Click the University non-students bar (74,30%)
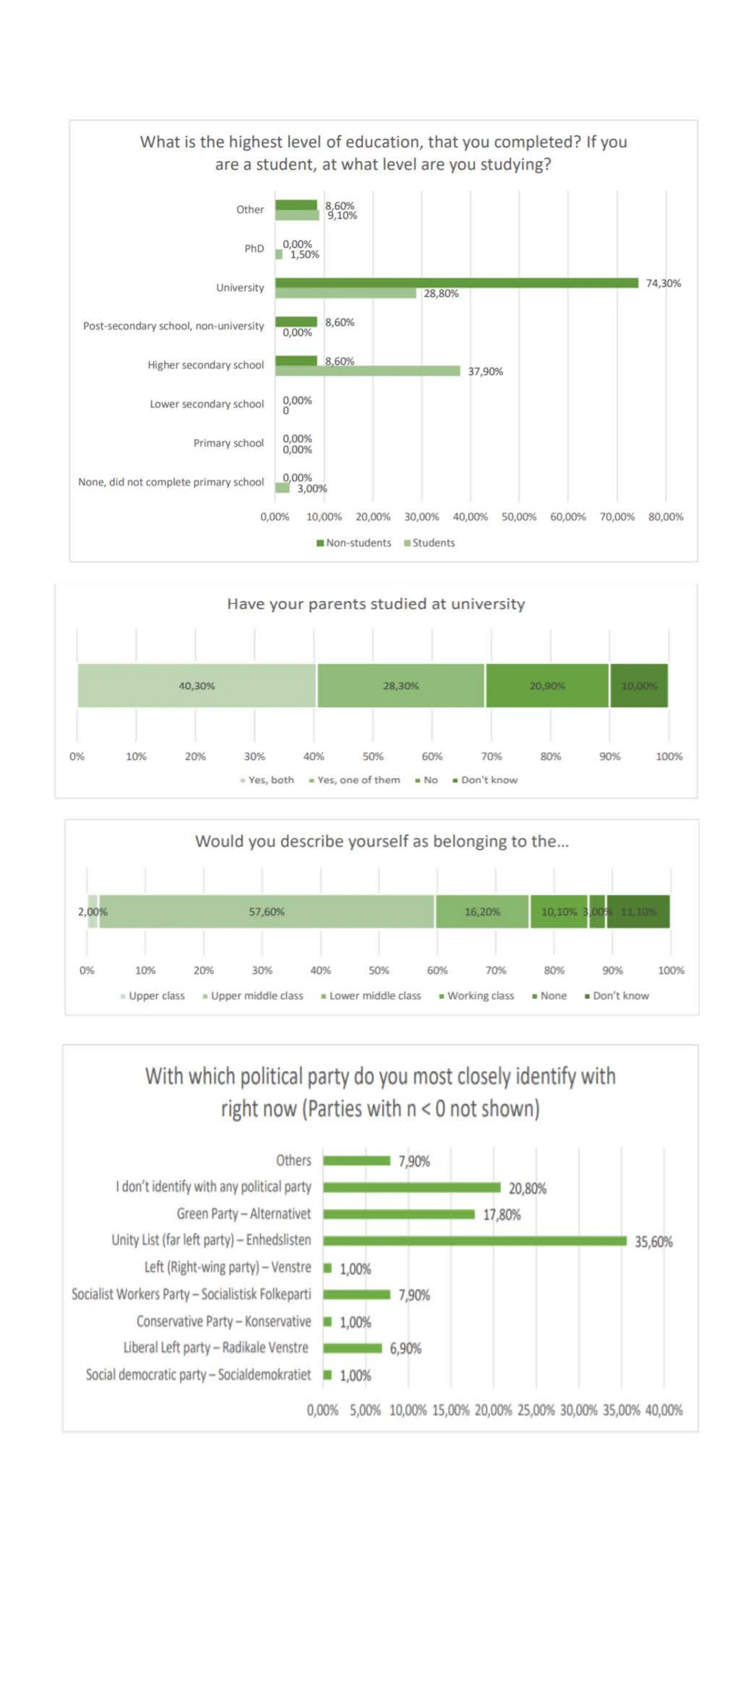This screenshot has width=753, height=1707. (x=456, y=283)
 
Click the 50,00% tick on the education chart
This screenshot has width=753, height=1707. (x=518, y=517)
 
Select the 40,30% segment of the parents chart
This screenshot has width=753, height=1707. (x=196, y=686)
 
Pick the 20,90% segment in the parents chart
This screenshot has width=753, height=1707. (x=547, y=686)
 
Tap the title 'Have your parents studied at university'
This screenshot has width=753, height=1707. (x=376, y=604)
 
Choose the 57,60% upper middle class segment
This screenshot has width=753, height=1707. (x=266, y=912)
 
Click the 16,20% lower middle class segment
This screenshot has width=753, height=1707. (x=482, y=912)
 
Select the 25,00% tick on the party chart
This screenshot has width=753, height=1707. (x=536, y=1410)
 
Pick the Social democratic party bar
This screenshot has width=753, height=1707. (x=328, y=1374)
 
